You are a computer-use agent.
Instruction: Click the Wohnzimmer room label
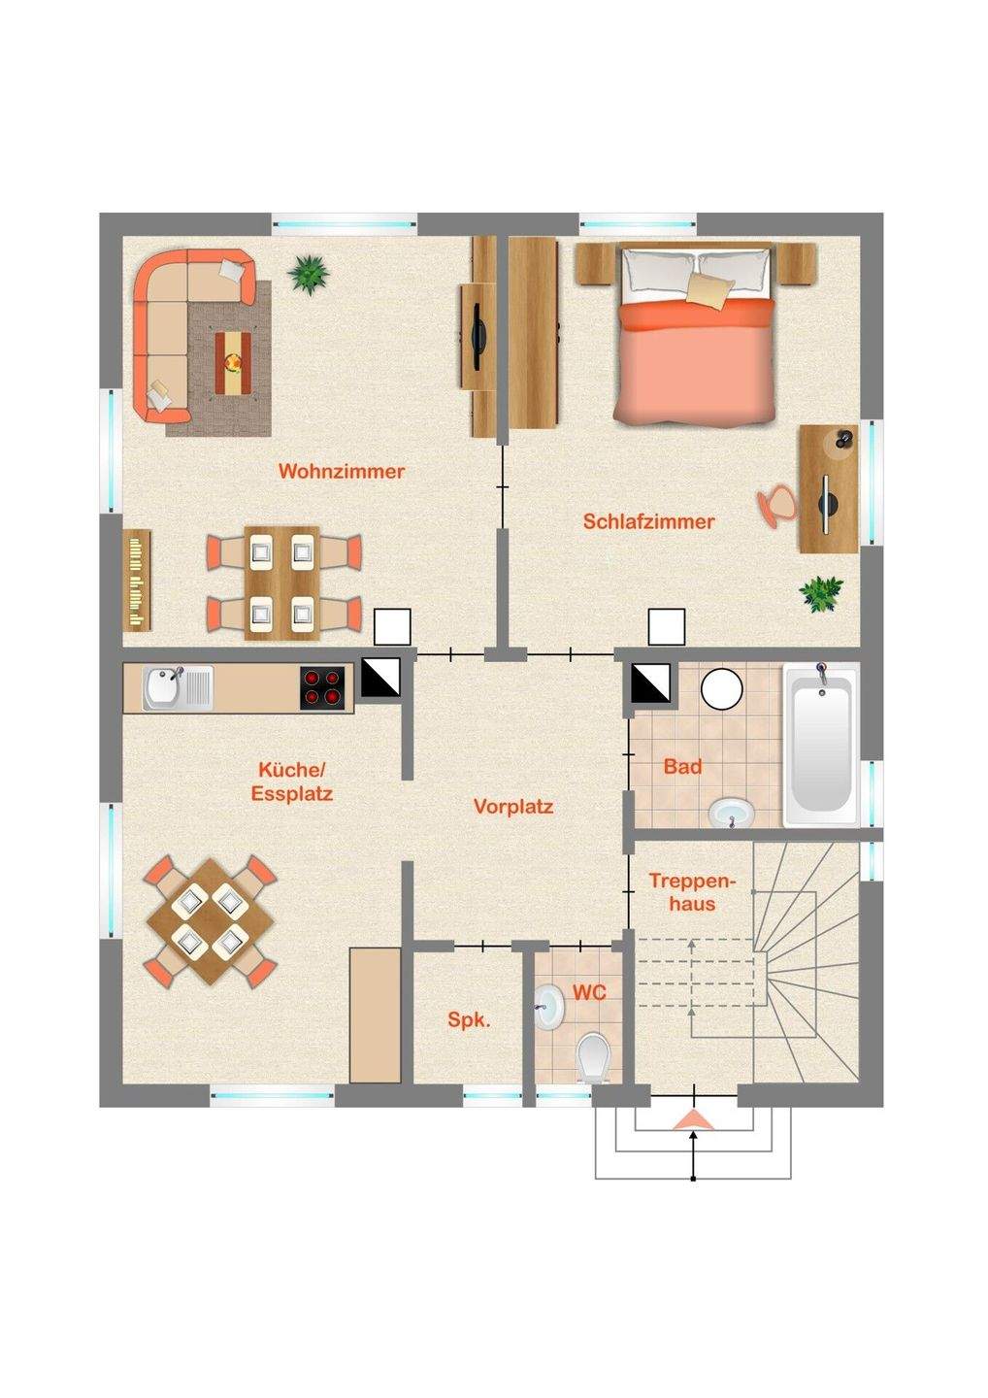pos(342,471)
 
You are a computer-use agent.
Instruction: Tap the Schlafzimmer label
pos(648,521)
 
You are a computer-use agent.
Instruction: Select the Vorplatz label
pos(513,807)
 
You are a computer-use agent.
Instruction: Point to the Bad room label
pos(683,766)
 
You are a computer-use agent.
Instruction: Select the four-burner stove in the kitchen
pos(322,687)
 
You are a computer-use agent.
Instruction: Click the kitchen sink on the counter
pos(178,687)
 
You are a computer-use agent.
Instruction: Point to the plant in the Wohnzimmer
pos(308,274)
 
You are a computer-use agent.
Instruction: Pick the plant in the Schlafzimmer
pos(821,593)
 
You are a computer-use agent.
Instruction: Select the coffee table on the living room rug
pos(233,363)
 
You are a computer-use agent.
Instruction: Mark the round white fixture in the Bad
pos(722,689)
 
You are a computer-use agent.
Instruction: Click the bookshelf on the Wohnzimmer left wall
pos(137,580)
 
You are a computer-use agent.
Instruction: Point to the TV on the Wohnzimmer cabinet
pos(478,336)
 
